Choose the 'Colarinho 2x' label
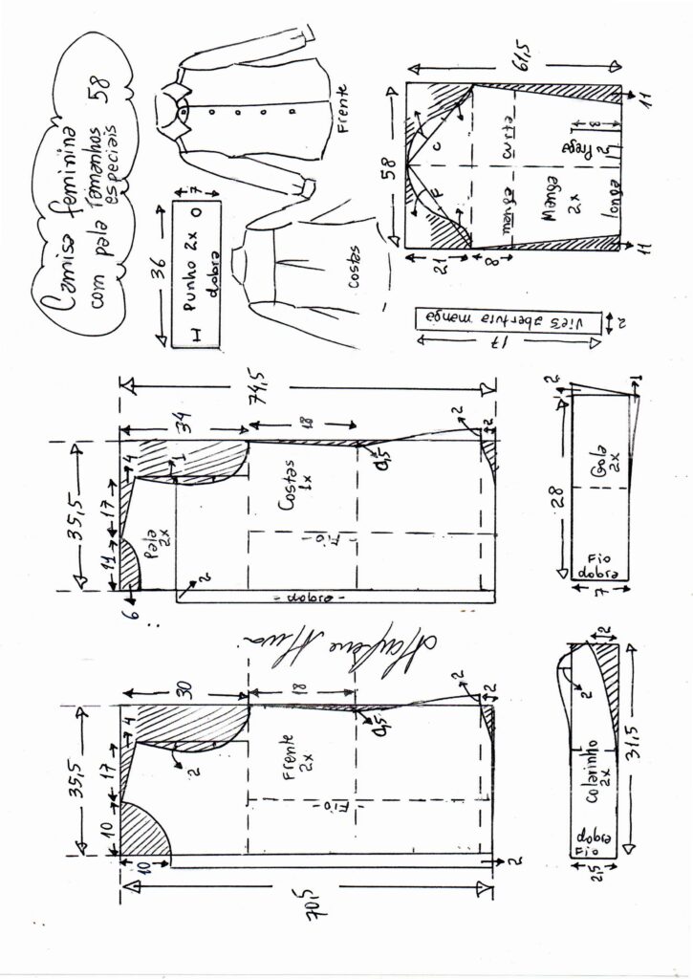click(599, 762)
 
